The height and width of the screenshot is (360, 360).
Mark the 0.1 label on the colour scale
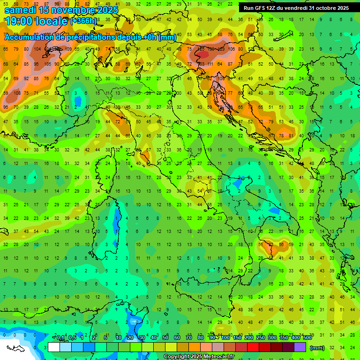[x=60, y=338]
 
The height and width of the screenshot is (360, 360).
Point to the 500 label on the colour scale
[x=307, y=338]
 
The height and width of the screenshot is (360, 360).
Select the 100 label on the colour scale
[x=225, y=338]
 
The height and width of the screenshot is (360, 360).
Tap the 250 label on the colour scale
[x=260, y=338]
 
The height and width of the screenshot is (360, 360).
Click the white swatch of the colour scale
[x=54, y=347]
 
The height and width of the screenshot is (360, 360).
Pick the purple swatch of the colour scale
[x=300, y=347]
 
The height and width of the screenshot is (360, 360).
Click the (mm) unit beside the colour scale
[x=317, y=348]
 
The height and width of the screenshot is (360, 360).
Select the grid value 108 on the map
[x=17, y=93]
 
